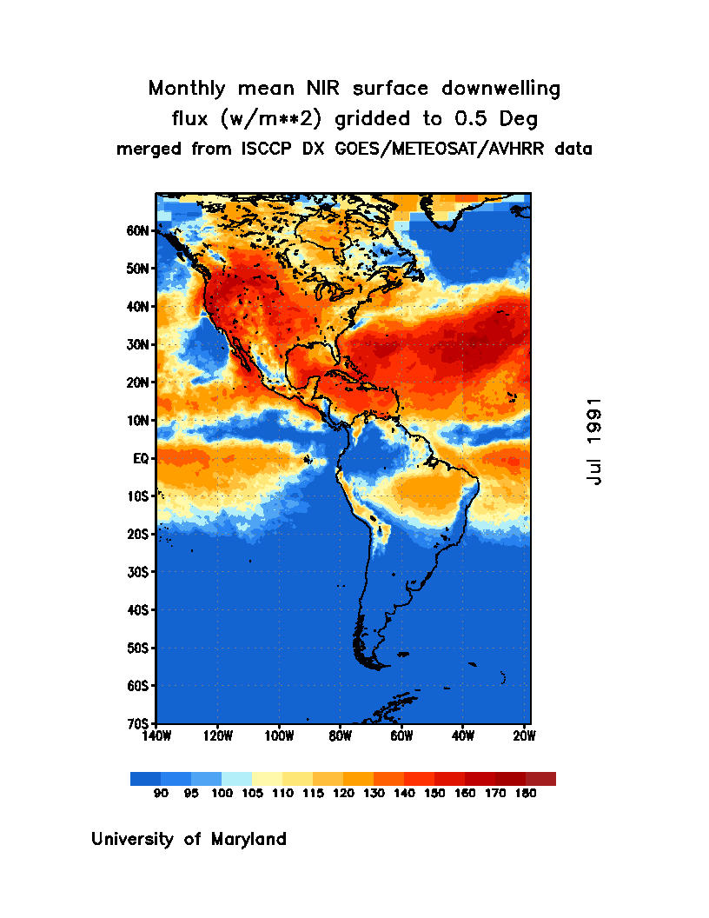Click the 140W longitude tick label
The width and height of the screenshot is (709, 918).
(x=156, y=735)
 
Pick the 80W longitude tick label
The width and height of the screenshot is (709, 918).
(x=340, y=735)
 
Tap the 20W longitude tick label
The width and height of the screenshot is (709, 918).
(x=524, y=735)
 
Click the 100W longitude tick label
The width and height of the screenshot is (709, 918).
(x=279, y=735)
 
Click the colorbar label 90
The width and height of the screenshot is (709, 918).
(x=161, y=794)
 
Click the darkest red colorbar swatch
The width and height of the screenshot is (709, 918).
(x=540, y=779)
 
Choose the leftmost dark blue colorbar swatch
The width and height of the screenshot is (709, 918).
(x=145, y=779)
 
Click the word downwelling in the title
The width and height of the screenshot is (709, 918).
(x=503, y=89)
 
